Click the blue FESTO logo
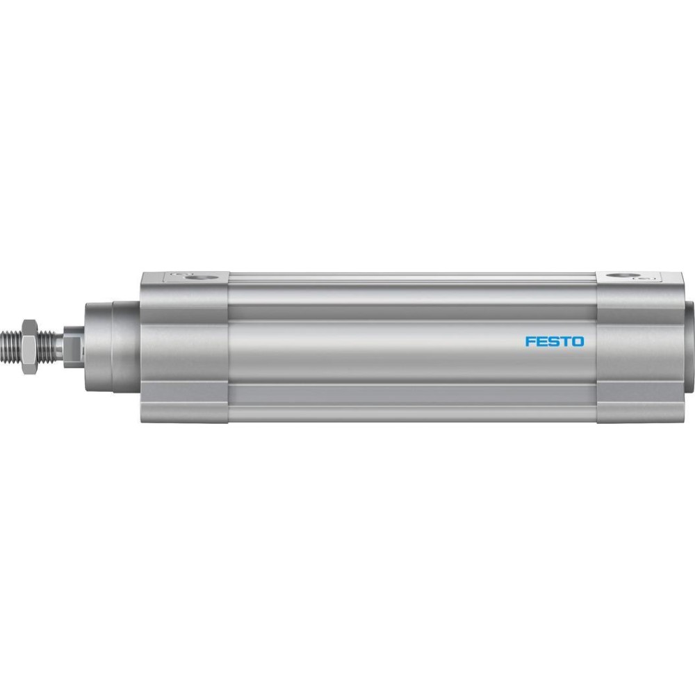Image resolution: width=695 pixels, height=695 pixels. [555, 341]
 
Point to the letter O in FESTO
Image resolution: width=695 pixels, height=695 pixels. [578, 341]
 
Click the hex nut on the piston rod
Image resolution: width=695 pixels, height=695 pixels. [28, 341]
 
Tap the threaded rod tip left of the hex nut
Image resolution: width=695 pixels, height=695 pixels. [10, 341]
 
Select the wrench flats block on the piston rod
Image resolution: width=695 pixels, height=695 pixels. [73, 341]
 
